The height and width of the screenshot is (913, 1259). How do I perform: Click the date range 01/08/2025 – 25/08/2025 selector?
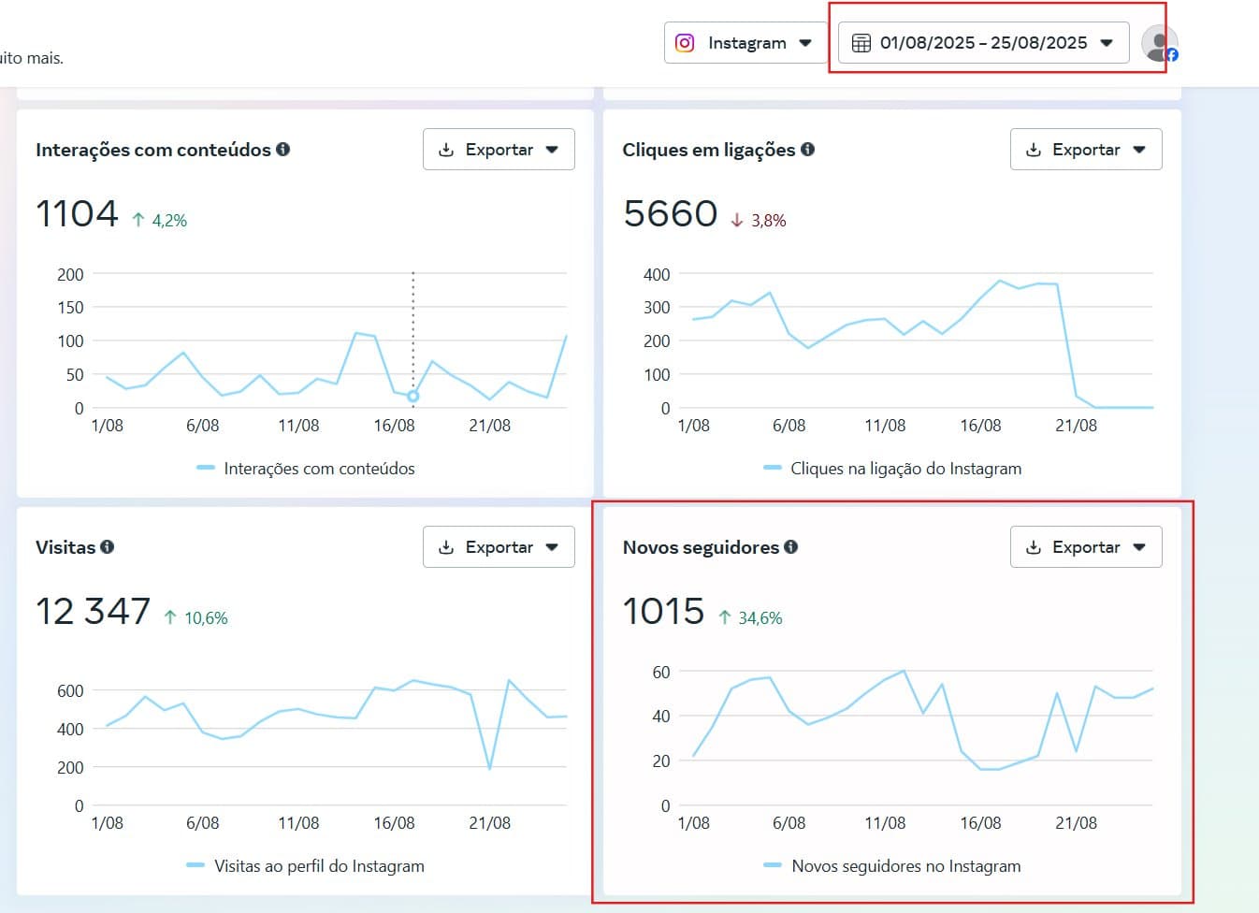(983, 43)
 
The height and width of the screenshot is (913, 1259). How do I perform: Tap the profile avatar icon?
(1160, 44)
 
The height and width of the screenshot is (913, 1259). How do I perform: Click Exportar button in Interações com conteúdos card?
(499, 150)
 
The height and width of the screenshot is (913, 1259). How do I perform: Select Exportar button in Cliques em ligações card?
(1085, 150)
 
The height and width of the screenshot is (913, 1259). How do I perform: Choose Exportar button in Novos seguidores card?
(1085, 547)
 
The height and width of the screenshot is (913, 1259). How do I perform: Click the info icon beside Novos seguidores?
(791, 547)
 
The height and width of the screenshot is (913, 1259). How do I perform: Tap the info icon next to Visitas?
(108, 547)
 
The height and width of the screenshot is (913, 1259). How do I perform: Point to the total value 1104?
(77, 214)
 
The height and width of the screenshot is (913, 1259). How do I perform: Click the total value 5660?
(670, 214)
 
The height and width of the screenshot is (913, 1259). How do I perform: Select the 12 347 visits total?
(93, 612)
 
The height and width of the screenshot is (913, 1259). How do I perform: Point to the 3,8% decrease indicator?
(759, 221)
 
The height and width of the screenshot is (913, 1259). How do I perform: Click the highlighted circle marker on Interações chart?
(412, 397)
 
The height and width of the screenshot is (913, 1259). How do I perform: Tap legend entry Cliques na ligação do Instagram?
(904, 469)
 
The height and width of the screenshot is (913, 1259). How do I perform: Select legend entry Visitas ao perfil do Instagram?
(318, 866)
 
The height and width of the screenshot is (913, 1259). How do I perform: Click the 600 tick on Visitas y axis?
(70, 691)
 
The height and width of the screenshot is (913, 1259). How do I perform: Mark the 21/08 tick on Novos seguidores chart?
(1076, 823)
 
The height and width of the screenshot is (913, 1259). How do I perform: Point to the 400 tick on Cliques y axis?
(657, 275)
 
